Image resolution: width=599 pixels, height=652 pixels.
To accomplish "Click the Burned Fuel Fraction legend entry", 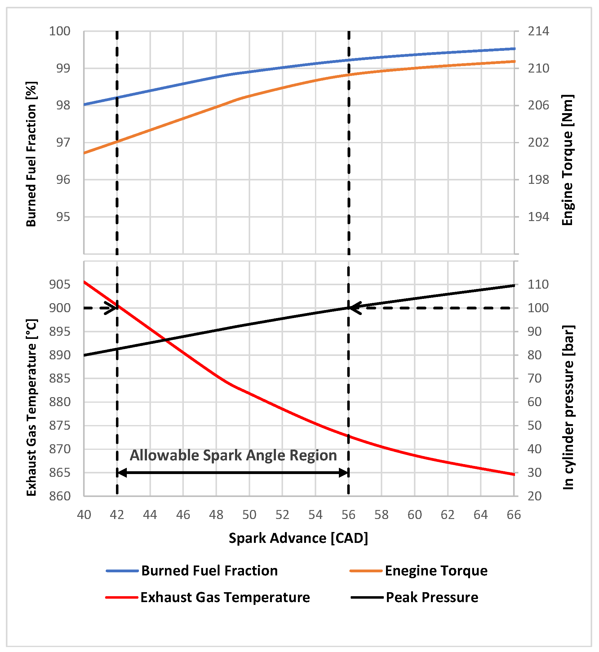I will pos(209,571).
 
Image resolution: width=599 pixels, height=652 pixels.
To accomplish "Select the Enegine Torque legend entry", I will pos(436,571).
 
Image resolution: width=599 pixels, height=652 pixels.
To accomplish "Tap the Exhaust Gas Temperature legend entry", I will pos(225,597).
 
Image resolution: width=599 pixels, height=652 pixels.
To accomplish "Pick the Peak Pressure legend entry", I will pos(432,597).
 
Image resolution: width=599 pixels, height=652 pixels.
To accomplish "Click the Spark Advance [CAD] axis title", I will pos(298,538).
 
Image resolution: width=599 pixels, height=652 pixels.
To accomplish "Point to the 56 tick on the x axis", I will pos(348,515).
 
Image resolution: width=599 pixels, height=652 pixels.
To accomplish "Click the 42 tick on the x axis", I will pos(117,515).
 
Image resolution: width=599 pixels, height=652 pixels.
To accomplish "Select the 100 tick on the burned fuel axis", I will pos(60,31).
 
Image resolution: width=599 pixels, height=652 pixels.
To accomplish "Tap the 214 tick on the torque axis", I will pos(538,31).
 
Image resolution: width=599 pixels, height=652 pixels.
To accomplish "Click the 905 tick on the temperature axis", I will pos(60,285).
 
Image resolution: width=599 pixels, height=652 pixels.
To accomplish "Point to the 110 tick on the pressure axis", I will pos(538,285).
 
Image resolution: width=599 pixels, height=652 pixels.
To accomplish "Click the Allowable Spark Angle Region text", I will pos(233,455).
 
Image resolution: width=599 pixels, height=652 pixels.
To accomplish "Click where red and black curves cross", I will pos(166,340).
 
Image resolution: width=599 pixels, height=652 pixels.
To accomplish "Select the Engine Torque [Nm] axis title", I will pos(568,160).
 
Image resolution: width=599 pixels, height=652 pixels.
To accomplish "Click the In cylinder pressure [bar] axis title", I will pos(568,408).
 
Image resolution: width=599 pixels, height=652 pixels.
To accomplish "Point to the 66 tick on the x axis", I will pos(514,515).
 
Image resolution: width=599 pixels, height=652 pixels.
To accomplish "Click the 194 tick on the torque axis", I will pos(538,217).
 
